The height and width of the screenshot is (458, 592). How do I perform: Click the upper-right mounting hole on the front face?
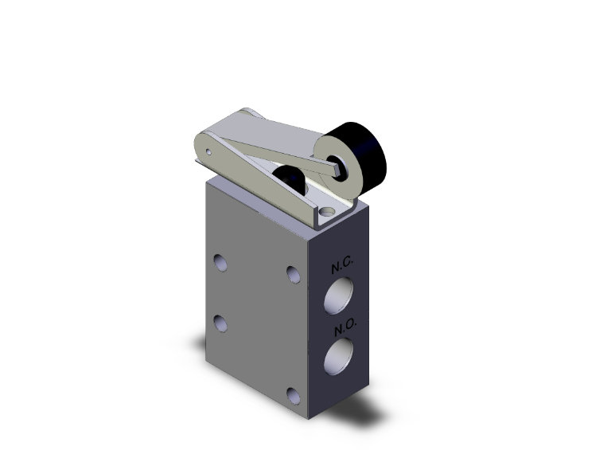(x=294, y=275)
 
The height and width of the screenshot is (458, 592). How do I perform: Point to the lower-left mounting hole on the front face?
(x=220, y=323)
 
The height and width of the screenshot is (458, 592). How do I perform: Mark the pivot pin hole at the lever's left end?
(x=208, y=149)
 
